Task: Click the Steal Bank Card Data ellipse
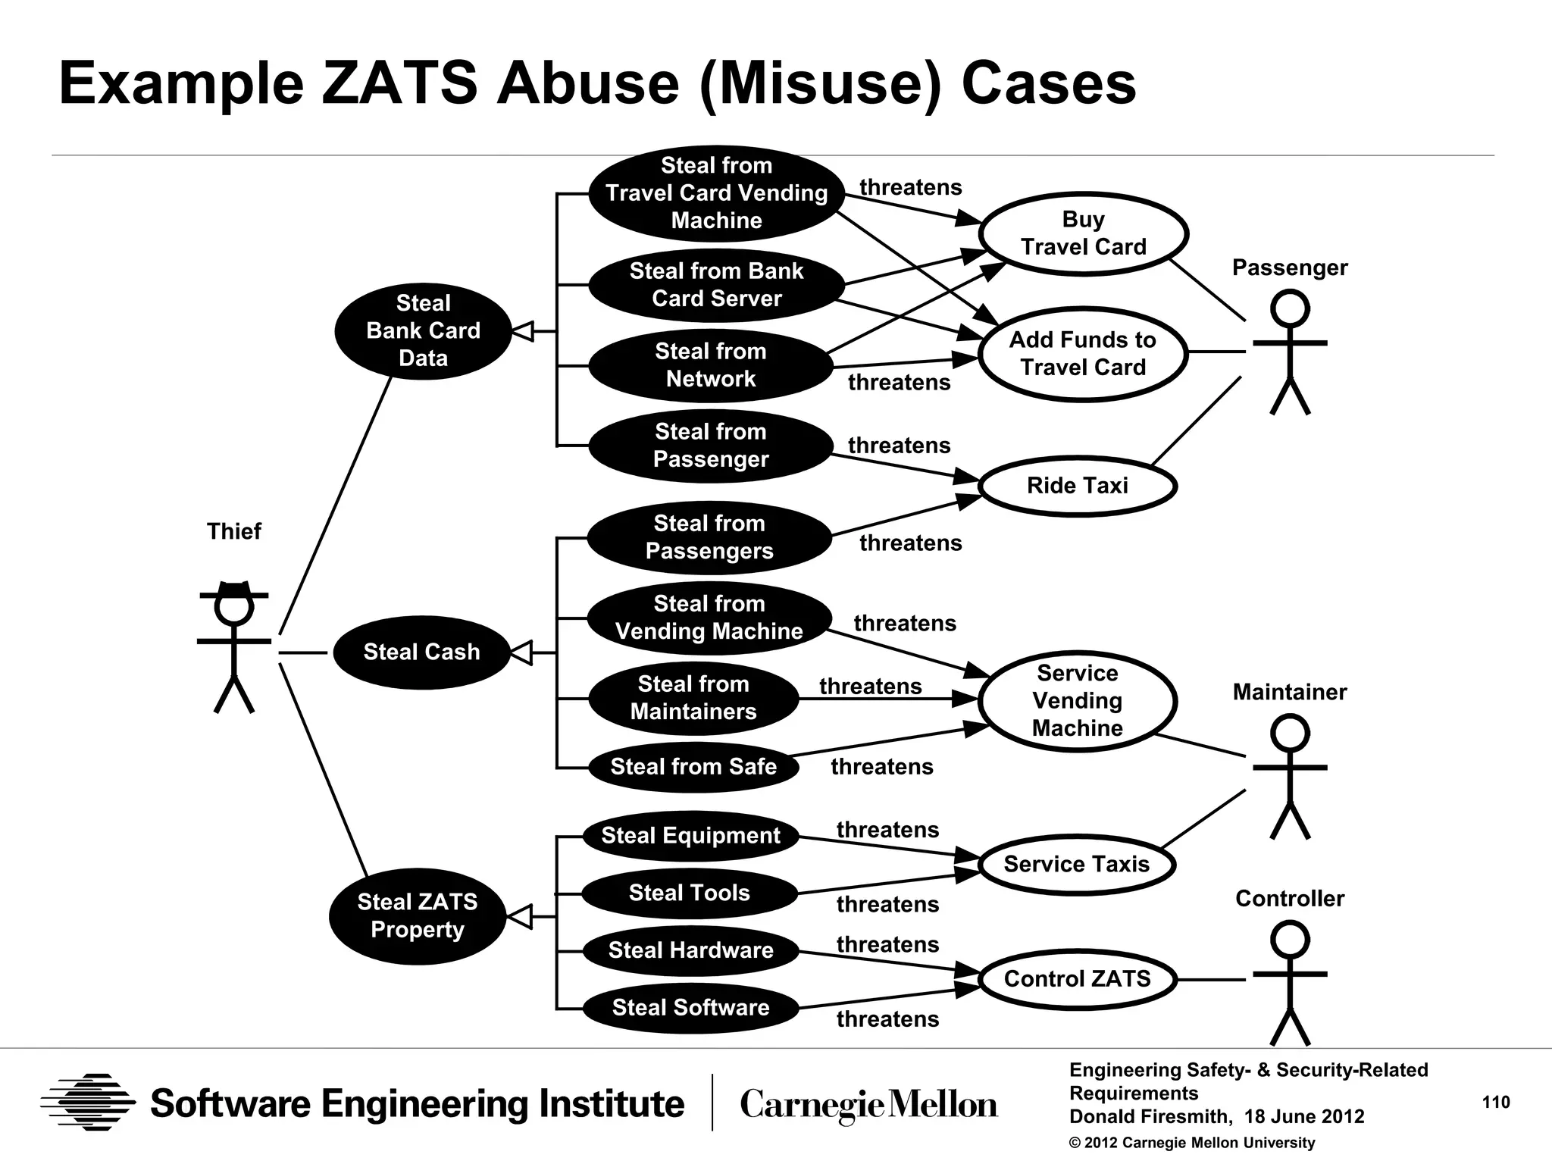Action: pos(423,331)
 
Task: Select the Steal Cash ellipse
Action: pos(421,652)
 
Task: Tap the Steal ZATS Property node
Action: pos(417,916)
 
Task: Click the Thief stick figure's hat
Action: pos(234,590)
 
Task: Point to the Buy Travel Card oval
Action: pos(1083,233)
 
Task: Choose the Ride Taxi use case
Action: pos(1077,486)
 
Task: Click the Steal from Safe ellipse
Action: pos(693,767)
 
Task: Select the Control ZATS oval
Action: pos(1077,979)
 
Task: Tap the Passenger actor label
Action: pos(1290,268)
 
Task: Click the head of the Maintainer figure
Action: pos(1290,733)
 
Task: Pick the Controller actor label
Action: pos(1290,899)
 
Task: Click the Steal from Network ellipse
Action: pos(711,365)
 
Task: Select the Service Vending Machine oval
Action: pos(1077,701)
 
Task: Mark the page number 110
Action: pos(1496,1103)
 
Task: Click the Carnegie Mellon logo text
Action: pos(868,1104)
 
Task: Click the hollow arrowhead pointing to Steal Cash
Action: pos(521,652)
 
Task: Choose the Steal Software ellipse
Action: pos(690,1008)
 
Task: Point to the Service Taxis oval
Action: pos(1077,865)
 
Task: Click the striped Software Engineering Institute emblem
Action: pos(88,1102)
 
